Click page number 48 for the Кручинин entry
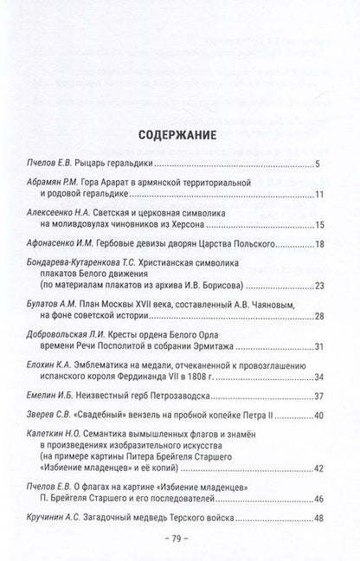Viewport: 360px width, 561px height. point(315,519)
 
